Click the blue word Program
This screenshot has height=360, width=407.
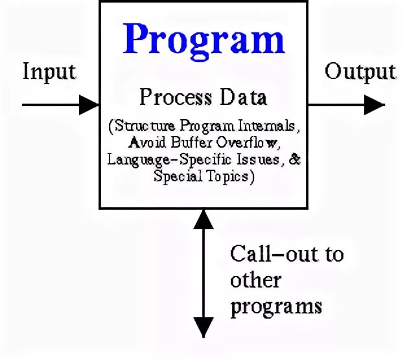204,39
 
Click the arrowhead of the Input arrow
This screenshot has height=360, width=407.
89,104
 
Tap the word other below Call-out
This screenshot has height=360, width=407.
256,279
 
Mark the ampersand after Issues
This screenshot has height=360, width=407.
295,159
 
